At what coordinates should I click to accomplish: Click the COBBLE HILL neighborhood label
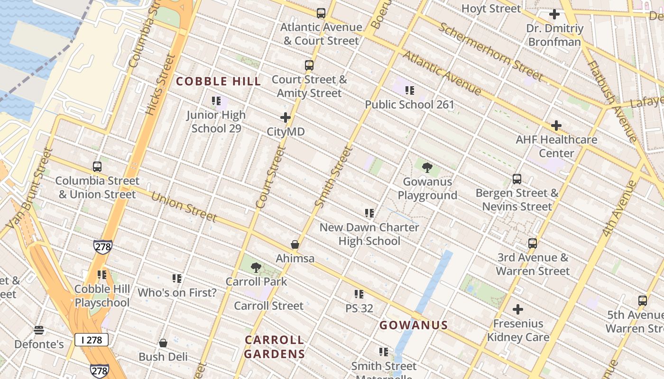[218, 81]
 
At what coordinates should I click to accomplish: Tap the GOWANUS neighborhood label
[414, 325]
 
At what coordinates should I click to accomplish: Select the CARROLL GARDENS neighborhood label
[275, 347]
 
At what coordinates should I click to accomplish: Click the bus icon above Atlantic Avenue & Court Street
[321, 13]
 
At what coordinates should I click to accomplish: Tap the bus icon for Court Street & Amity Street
[309, 65]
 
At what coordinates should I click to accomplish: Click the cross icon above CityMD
[286, 117]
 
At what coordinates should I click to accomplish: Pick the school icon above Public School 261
[409, 90]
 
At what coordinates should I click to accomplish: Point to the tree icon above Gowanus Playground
[427, 167]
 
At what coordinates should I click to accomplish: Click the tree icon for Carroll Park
[256, 268]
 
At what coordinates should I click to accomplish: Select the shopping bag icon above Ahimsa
[295, 244]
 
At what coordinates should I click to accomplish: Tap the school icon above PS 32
[359, 294]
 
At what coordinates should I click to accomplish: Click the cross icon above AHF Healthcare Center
[556, 126]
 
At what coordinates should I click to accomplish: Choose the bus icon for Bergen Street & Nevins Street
[517, 179]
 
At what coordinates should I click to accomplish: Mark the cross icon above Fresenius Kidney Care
[518, 310]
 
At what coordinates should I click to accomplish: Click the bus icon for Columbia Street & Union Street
[97, 167]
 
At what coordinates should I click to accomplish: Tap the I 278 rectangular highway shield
[91, 340]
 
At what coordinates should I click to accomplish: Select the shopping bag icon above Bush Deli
[163, 343]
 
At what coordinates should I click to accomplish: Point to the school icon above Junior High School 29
[216, 101]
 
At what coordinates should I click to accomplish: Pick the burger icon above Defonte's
[39, 330]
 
